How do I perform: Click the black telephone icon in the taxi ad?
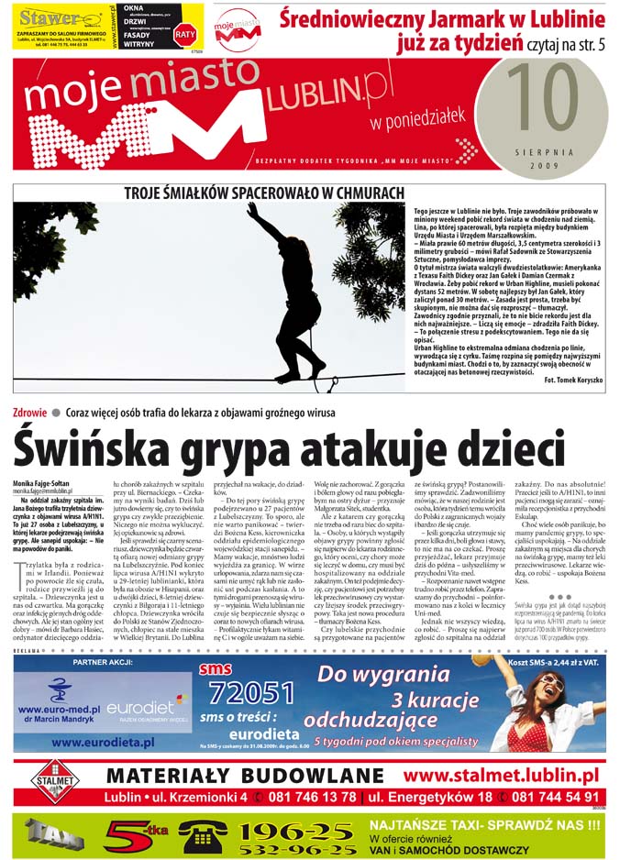click(204, 835)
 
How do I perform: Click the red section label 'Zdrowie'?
click(30, 413)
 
